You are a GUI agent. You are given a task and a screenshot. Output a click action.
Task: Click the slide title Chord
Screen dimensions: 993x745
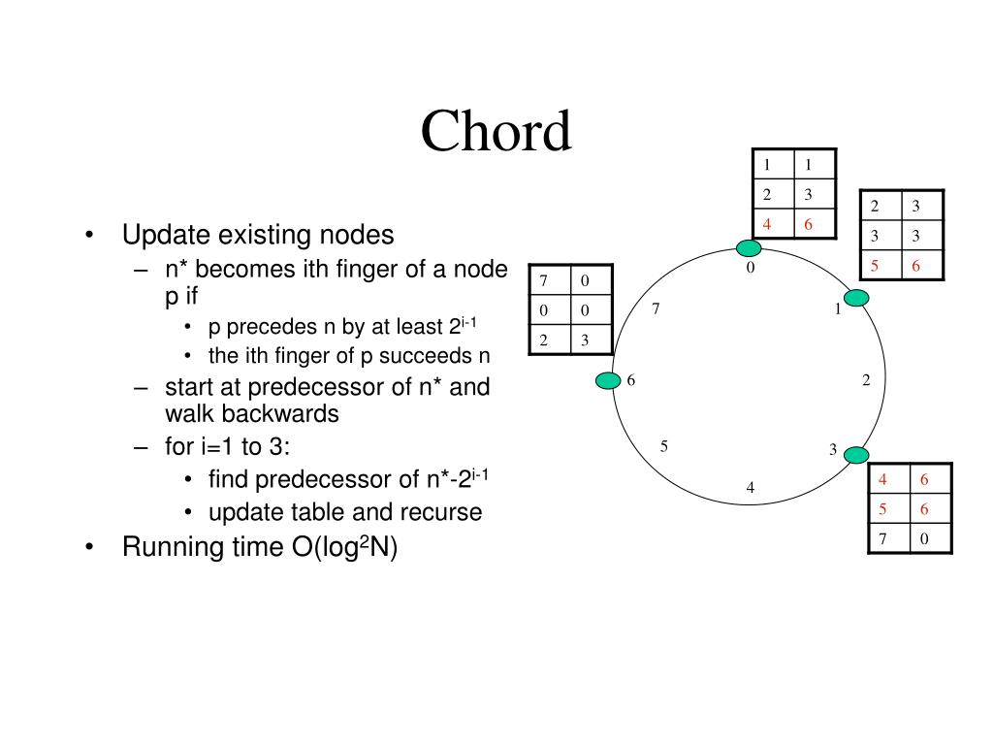pyautogui.click(x=496, y=131)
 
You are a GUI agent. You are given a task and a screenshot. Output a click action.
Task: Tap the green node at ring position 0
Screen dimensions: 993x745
pyautogui.click(x=749, y=247)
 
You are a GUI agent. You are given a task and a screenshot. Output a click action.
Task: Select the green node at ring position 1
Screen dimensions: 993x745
pyautogui.click(x=856, y=298)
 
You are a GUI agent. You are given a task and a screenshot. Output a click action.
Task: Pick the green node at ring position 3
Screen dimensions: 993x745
pyautogui.click(x=856, y=455)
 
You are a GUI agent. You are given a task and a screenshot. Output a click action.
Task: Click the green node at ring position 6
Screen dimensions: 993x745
pyautogui.click(x=608, y=380)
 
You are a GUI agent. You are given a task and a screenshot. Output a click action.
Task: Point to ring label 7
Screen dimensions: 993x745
pyautogui.click(x=656, y=308)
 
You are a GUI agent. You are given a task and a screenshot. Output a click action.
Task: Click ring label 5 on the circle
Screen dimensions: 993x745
pyautogui.click(x=663, y=446)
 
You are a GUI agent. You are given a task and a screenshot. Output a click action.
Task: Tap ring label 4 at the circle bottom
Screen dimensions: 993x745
pyautogui.click(x=751, y=487)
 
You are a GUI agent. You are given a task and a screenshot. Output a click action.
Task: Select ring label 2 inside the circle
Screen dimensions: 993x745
pyautogui.click(x=866, y=379)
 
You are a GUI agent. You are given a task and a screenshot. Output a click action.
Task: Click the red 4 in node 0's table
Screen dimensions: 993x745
pyautogui.click(x=767, y=224)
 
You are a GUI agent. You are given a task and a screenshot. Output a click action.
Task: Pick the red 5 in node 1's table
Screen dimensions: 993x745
pyautogui.click(x=875, y=266)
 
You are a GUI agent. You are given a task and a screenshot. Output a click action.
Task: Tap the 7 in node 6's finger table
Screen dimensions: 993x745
pyautogui.click(x=543, y=280)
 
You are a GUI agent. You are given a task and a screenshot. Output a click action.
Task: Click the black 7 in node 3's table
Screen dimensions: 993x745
pyautogui.click(x=882, y=538)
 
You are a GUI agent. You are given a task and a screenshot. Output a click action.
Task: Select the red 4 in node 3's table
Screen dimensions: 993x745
pyautogui.click(x=882, y=479)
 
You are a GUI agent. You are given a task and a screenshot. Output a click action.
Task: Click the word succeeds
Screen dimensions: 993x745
pyautogui.click(x=426, y=356)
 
